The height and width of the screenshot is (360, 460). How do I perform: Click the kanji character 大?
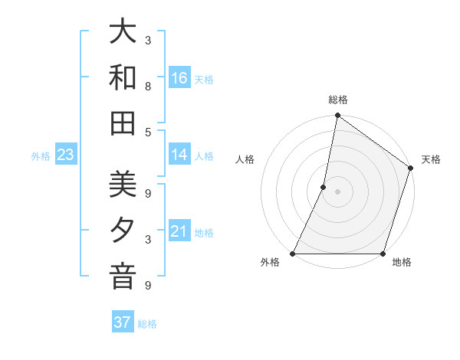[x=123, y=34]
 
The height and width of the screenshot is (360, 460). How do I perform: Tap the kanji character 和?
[x=123, y=78]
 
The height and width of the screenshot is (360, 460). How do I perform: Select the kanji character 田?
[x=123, y=123]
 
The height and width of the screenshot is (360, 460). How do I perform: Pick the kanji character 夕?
[x=123, y=231]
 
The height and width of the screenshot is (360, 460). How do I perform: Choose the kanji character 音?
[x=123, y=277]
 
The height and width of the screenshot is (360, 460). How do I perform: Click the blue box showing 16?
[x=179, y=78]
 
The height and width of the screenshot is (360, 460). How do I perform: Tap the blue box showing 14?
[x=179, y=155]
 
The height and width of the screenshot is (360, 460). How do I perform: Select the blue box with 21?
[x=179, y=231]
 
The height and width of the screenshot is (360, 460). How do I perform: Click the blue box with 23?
[x=65, y=155]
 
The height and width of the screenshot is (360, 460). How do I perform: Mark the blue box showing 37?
[x=123, y=322]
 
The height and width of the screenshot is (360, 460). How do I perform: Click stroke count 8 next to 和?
[x=147, y=87]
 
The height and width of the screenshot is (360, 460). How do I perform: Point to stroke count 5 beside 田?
[x=147, y=132]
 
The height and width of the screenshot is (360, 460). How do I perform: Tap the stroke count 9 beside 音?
[x=147, y=286]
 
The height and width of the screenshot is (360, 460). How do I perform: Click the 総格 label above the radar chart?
[x=337, y=100]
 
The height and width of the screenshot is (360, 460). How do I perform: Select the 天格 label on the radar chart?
[x=431, y=159]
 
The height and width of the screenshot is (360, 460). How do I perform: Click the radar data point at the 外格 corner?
[x=293, y=254]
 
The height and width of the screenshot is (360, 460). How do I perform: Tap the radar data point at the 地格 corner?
[x=383, y=254]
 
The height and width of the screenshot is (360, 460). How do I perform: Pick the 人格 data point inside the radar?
[x=324, y=187]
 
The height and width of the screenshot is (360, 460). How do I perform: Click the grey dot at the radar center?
[x=337, y=191]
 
